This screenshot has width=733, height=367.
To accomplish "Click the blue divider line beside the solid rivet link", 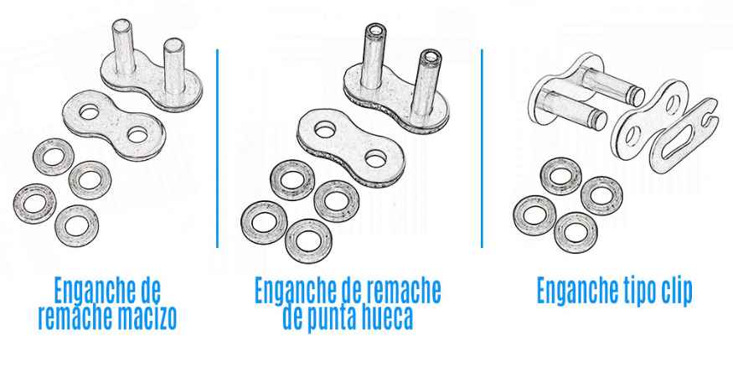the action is [217, 148].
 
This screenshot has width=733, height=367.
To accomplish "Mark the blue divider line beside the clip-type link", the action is [482, 148].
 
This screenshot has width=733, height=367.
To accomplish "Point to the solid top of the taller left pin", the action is [123, 25].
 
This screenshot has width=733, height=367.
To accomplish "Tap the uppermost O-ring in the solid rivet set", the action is [53, 157].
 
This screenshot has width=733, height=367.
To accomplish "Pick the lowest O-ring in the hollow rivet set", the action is [308, 240].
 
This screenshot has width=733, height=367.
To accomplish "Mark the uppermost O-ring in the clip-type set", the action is [561, 176].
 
